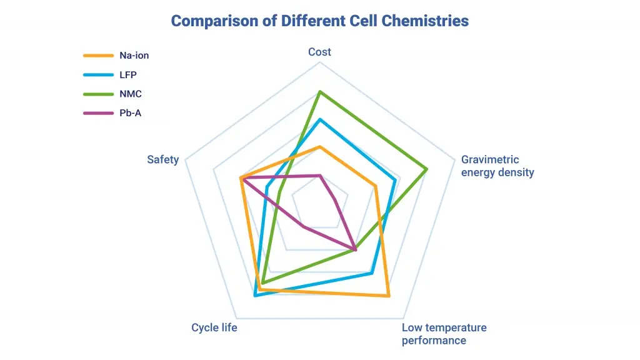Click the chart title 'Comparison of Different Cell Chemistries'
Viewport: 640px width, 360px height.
pyautogui.click(x=319, y=21)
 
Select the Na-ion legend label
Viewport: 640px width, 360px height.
pyautogui.click(x=134, y=56)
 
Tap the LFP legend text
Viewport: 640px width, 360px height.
pyautogui.click(x=128, y=75)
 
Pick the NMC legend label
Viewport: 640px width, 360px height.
pyautogui.click(x=130, y=94)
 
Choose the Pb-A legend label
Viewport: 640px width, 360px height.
pyautogui.click(x=130, y=114)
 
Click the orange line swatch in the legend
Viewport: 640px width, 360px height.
pyautogui.click(x=98, y=56)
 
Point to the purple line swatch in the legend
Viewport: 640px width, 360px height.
pyautogui.click(x=98, y=114)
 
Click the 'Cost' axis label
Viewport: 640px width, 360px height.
pyautogui.click(x=319, y=52)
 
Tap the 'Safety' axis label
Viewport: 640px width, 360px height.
pyautogui.click(x=162, y=159)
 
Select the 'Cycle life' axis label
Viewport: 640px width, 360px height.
pyautogui.click(x=214, y=327)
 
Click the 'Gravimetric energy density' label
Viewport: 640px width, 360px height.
pyautogui.click(x=497, y=166)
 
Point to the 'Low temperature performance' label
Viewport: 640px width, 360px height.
pyautogui.click(x=444, y=334)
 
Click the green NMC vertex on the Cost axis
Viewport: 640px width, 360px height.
pyautogui.click(x=320, y=92)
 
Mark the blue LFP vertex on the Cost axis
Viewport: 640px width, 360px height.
pyautogui.click(x=320, y=119)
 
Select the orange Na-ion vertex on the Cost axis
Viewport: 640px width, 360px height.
pyautogui.click(x=320, y=147)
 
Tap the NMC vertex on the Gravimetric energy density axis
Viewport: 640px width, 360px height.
pyautogui.click(x=426, y=169)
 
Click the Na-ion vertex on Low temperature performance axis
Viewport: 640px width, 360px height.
pyautogui.click(x=388, y=296)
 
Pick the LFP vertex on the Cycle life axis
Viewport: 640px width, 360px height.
pyautogui.click(x=255, y=296)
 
